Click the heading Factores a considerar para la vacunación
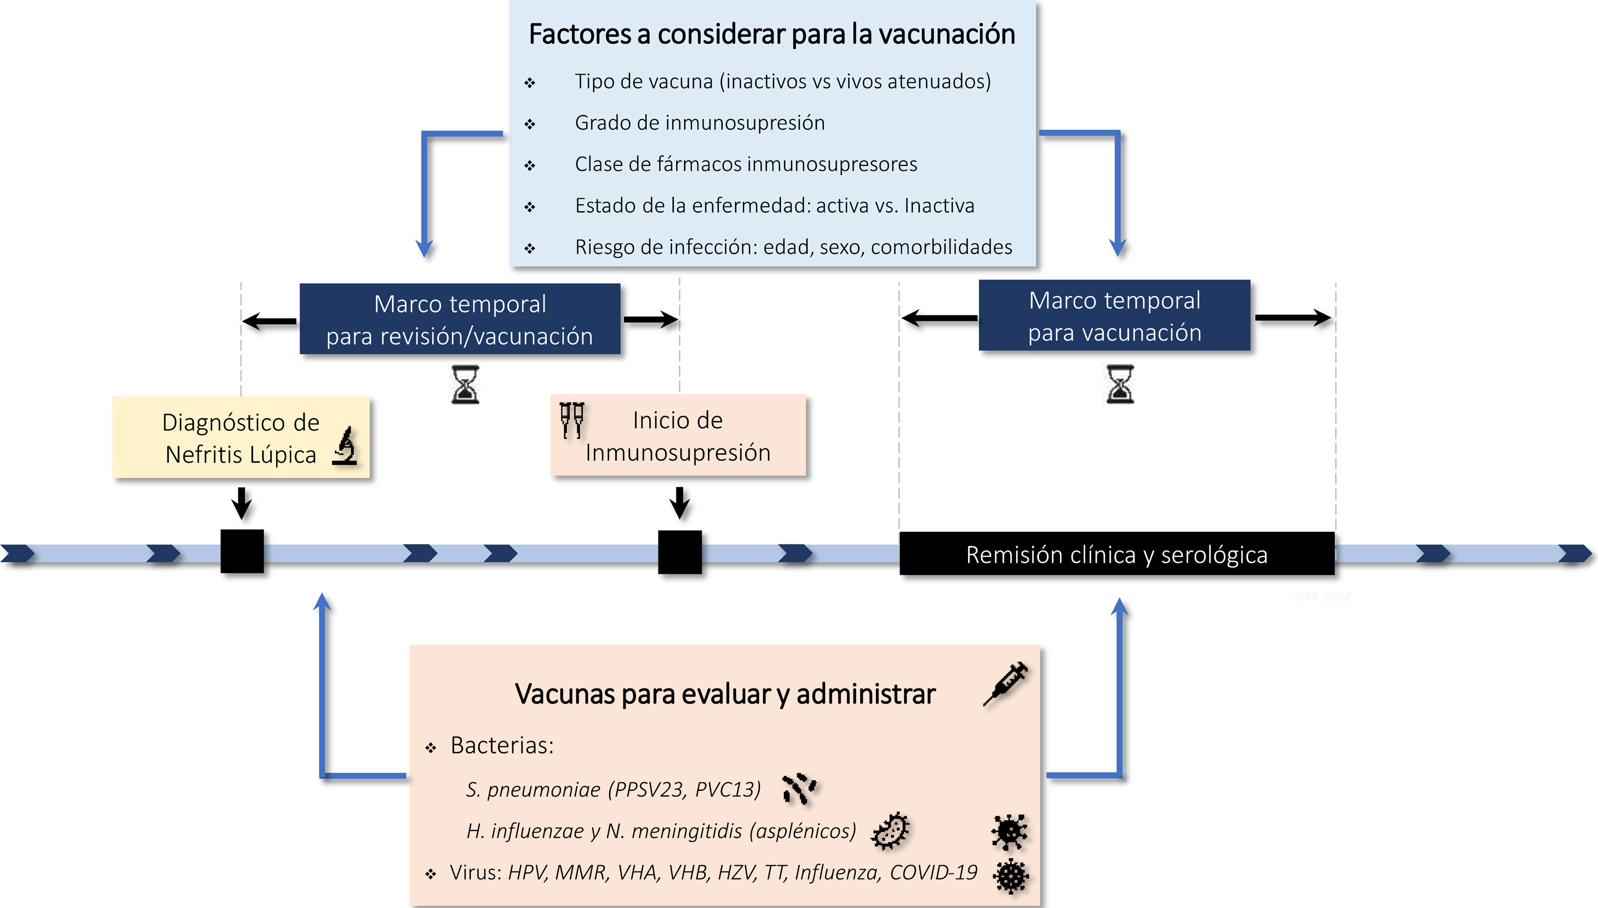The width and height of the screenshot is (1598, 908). (x=771, y=35)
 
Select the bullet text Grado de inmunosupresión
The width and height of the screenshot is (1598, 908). (x=699, y=123)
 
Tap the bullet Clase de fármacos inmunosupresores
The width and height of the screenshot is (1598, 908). (x=746, y=164)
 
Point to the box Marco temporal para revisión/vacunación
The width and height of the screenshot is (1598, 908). (x=460, y=319)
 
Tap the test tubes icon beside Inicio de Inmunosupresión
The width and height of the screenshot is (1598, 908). (x=571, y=419)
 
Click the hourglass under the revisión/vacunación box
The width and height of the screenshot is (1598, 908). (x=465, y=385)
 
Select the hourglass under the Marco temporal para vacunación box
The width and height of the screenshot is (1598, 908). (x=1120, y=384)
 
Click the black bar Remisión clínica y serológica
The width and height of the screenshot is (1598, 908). (x=1116, y=554)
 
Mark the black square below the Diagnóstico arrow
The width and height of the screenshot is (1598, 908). (x=242, y=551)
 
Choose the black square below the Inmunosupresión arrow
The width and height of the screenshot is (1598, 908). (x=680, y=552)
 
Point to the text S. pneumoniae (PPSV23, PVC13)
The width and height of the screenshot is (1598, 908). (x=612, y=790)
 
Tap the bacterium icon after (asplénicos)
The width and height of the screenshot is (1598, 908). (x=891, y=831)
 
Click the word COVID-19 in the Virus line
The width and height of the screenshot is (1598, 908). (x=933, y=872)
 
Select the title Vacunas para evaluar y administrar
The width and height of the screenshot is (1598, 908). (x=725, y=694)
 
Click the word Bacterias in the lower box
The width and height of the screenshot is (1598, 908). (x=501, y=745)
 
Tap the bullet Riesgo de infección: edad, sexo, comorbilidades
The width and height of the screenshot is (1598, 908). (x=793, y=247)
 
